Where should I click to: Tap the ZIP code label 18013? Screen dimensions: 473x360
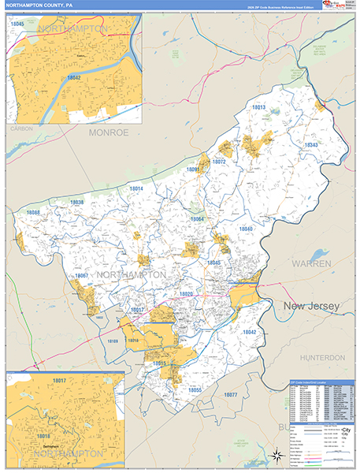259,107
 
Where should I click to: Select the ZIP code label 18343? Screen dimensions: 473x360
311,145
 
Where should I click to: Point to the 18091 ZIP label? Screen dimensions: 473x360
193,169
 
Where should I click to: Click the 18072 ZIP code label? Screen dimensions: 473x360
219,162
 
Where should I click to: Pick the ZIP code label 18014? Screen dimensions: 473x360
136,189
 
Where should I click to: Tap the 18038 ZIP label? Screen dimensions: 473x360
76,203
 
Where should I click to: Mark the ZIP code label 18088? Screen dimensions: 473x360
33,213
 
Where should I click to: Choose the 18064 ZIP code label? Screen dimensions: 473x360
196,219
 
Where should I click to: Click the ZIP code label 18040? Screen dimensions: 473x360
247,229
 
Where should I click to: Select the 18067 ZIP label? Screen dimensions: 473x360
82,276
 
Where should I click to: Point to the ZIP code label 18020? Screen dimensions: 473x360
186,294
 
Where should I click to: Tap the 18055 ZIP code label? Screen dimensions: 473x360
195,389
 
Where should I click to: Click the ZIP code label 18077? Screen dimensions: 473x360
230,393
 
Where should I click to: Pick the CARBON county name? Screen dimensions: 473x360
19,128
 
